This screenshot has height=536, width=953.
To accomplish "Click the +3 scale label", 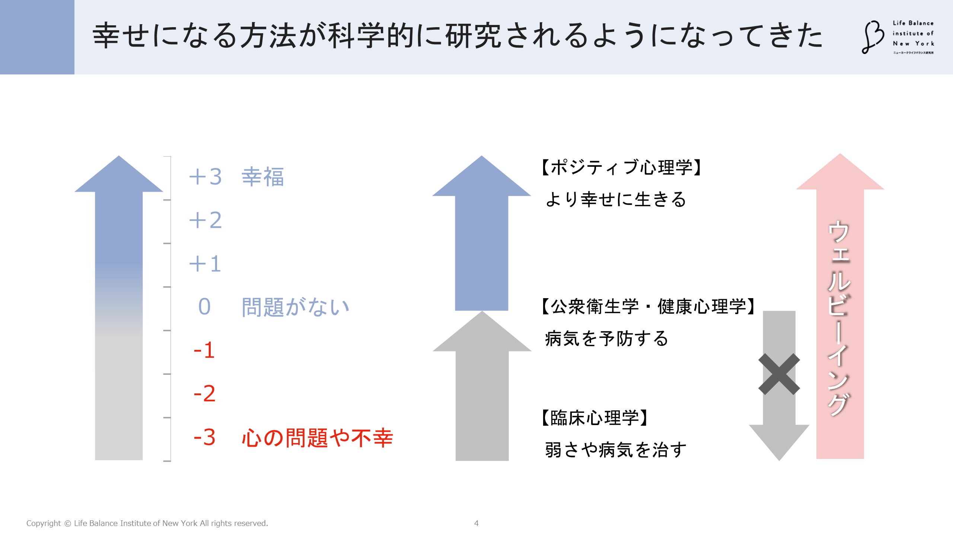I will (205, 176).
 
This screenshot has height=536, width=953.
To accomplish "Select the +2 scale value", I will (205, 220).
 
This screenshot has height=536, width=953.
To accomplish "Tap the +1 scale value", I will (205, 264).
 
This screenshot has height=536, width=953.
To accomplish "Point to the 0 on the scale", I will (204, 307).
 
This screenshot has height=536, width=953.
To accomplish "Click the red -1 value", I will (204, 350).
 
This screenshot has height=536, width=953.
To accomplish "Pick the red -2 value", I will (204, 394).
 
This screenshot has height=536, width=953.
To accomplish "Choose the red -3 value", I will (204, 437).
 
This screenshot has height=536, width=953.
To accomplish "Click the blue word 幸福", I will (263, 177).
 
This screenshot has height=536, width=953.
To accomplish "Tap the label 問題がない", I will (296, 307).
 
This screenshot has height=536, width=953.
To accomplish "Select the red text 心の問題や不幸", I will (318, 438).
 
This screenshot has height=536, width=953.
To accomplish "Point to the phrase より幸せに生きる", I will (616, 199).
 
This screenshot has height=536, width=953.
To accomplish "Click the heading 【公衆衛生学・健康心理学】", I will (648, 307).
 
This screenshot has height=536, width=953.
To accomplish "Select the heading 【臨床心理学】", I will (595, 418).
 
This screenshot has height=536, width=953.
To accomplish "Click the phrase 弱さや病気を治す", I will (616, 450).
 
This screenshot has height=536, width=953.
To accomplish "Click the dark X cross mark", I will (779, 374).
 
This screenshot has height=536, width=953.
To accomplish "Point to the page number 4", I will (476, 523).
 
